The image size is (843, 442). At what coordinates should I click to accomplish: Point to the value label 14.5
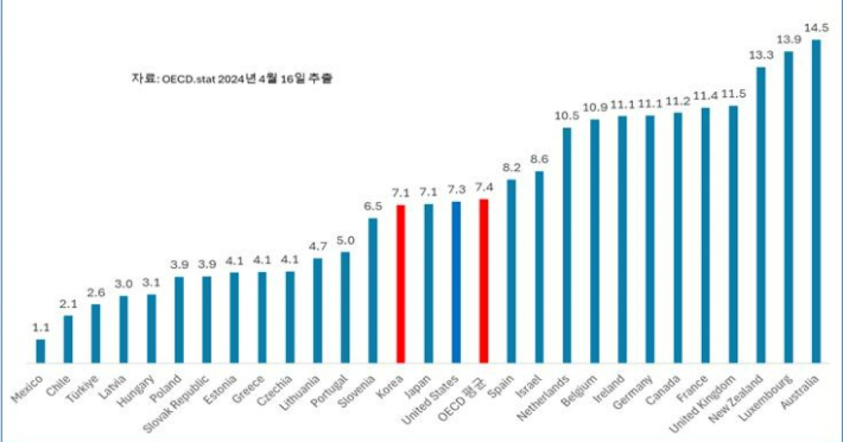coord(816,28)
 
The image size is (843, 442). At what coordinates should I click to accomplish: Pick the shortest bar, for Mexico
coord(41,351)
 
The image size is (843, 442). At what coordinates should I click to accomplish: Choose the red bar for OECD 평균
coord(483,281)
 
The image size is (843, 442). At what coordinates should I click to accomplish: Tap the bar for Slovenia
coord(373,291)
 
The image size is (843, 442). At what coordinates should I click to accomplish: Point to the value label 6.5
coord(373,206)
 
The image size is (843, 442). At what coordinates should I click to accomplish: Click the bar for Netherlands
coord(567,246)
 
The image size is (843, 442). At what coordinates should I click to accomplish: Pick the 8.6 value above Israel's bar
coord(540,159)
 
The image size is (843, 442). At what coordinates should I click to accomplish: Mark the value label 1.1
coord(41,328)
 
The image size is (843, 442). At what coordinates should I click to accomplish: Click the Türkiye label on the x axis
coord(84,390)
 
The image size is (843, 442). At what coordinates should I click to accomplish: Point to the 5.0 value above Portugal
coord(346,240)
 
